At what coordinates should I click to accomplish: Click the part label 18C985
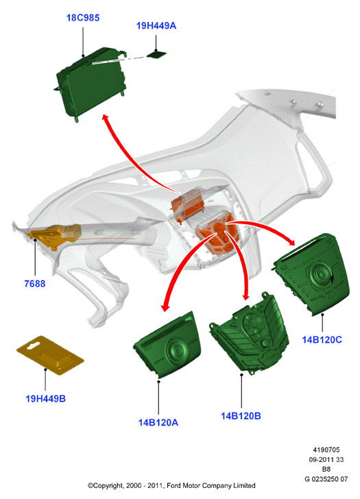(x=83, y=18)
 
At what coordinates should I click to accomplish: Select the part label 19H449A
(x=156, y=26)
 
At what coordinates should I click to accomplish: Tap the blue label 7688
(x=35, y=284)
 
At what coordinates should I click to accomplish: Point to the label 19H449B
(x=45, y=398)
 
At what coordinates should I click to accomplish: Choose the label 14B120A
(x=158, y=423)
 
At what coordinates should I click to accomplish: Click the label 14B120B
(x=241, y=416)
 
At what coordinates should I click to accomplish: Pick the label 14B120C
(x=322, y=340)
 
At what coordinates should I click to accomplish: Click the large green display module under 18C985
(x=91, y=84)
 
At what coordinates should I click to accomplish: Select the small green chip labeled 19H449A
(x=156, y=54)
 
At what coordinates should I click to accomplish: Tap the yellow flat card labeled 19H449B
(x=50, y=355)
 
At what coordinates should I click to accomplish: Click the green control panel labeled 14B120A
(x=168, y=345)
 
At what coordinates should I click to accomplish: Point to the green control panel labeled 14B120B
(x=249, y=334)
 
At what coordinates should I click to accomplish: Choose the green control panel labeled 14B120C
(x=312, y=274)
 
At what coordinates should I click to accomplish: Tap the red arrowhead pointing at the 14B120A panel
(x=165, y=307)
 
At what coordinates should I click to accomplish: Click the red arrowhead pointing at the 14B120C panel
(x=290, y=241)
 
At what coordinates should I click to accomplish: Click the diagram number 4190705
(x=326, y=450)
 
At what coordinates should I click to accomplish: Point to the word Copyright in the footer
(x=108, y=485)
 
